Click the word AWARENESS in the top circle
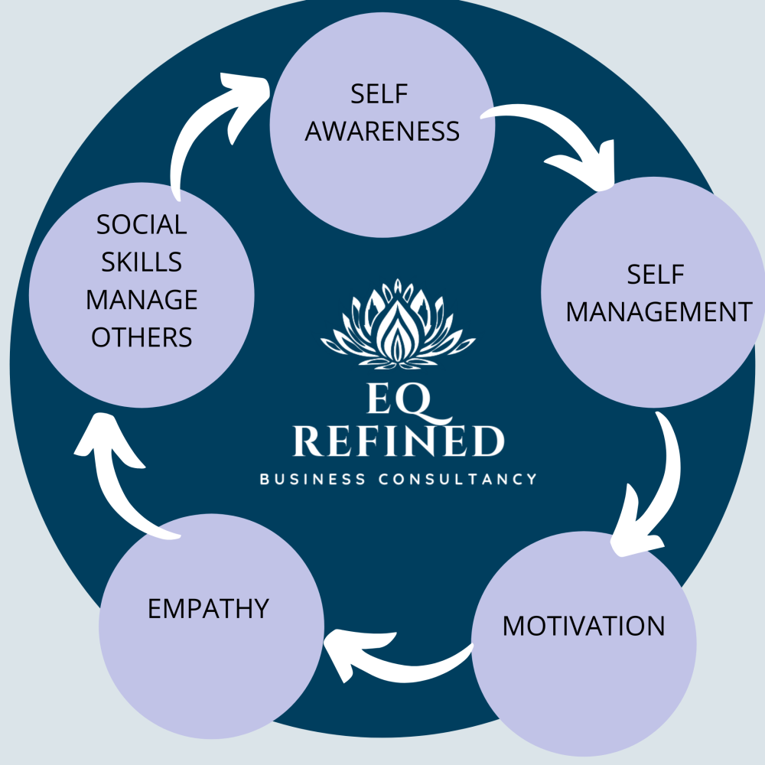pos(382,131)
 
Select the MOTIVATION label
pos(584,626)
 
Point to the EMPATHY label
pos(208,609)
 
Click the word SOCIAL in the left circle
pos(142,225)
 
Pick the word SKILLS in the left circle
pos(142,262)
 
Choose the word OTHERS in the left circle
pos(142,337)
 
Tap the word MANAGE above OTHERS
pos(142,300)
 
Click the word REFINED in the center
pos(399,442)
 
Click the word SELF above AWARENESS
pos(380,95)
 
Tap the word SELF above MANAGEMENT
pos(655,275)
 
